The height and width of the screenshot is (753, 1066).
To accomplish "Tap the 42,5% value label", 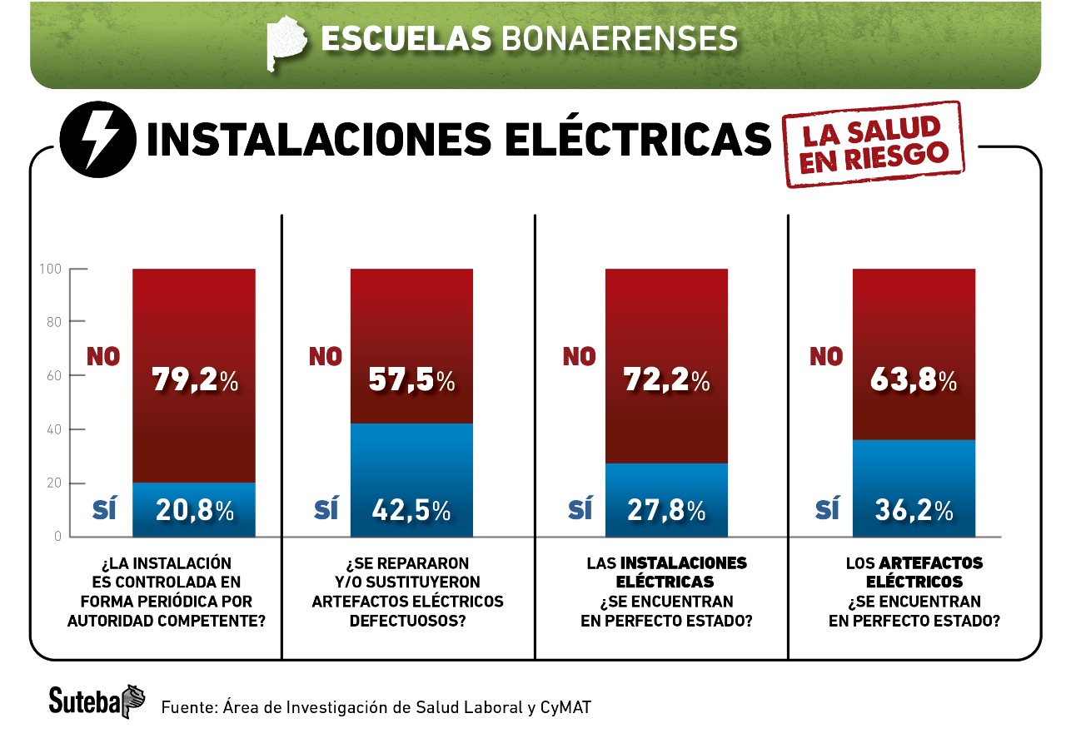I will pos(411,510).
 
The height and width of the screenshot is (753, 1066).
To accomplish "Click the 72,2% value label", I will pos(666,380).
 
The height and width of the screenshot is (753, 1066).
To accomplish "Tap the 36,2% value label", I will pos(914,510).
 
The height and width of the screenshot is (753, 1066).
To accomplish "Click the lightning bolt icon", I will pos(97,142).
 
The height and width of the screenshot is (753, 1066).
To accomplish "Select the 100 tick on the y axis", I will pos(51,269).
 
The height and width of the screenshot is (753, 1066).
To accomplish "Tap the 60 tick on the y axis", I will pos(53,376).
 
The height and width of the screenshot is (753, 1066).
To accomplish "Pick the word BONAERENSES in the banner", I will pos(619,38).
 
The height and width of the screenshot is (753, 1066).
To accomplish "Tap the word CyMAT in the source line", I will pos(567,707).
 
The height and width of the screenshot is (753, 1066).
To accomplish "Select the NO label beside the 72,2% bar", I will pos(580,357).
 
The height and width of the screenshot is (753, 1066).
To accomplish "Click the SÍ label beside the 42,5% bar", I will pos(326,509).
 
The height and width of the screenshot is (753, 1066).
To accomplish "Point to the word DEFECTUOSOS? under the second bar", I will pos(408,620).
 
